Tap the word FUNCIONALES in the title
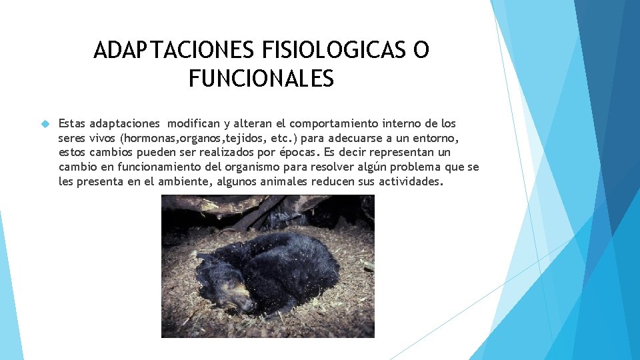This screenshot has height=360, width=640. tap(261, 80)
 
